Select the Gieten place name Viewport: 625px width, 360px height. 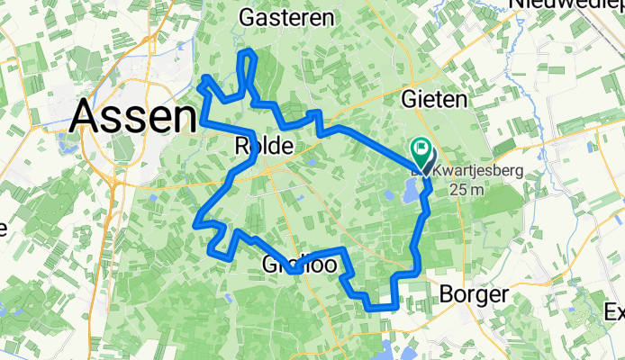[x=436, y=98]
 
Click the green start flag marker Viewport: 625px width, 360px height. [x=421, y=148]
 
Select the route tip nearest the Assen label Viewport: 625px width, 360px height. [x=199, y=85]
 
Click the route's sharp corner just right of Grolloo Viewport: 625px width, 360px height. [x=342, y=249]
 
